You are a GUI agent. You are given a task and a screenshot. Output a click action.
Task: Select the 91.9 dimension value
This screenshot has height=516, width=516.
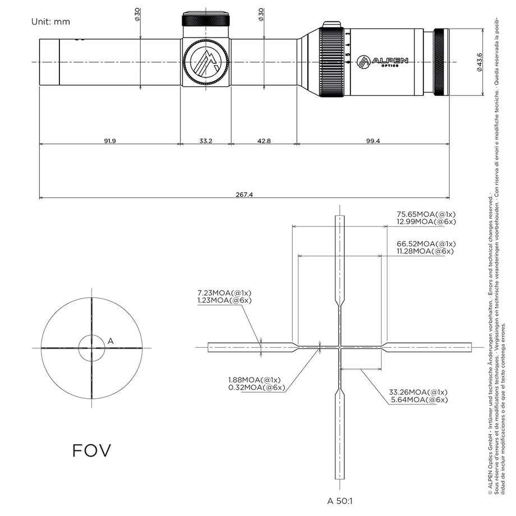(110, 141)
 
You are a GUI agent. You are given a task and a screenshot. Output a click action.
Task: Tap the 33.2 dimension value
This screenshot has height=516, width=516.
(206, 141)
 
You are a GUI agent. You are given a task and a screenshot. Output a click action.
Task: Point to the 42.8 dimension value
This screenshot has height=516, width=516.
(264, 141)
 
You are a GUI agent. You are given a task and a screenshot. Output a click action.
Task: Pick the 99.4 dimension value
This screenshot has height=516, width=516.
(372, 141)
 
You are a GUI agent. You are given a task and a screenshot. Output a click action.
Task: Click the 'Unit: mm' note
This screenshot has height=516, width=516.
(52, 22)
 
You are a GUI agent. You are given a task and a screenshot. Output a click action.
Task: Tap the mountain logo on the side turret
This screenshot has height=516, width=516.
(206, 62)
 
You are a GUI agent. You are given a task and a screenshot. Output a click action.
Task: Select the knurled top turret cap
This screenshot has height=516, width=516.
(206, 20)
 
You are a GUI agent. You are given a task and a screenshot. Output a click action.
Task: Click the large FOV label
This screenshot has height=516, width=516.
(91, 450)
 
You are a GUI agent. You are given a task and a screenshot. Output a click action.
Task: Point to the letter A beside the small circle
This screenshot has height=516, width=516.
(110, 340)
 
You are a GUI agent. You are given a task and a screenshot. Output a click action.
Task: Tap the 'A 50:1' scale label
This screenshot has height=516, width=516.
(340, 500)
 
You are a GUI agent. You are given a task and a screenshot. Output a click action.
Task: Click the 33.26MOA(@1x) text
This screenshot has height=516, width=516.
(418, 391)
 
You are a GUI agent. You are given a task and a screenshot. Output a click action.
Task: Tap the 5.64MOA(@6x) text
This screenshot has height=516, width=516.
(418, 399)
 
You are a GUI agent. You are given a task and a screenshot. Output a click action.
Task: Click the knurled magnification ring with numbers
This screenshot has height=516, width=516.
(331, 61)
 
